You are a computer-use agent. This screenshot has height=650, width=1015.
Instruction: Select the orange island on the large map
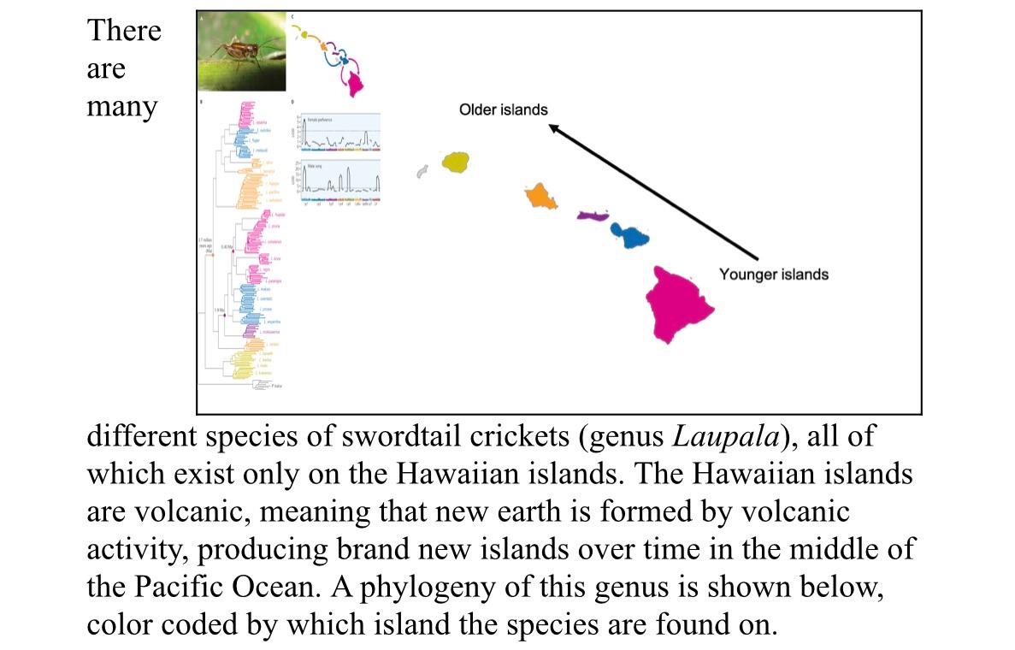(541, 197)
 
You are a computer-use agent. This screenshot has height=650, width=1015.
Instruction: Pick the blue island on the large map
(634, 235)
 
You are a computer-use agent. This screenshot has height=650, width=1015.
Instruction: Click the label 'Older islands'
(504, 109)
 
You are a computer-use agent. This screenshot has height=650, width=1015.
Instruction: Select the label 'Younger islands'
(773, 275)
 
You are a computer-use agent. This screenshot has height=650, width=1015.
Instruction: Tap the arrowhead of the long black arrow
(553, 128)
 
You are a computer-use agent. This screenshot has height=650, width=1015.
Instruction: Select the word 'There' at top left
(123, 31)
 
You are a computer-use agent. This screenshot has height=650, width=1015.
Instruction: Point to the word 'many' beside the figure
(122, 108)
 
